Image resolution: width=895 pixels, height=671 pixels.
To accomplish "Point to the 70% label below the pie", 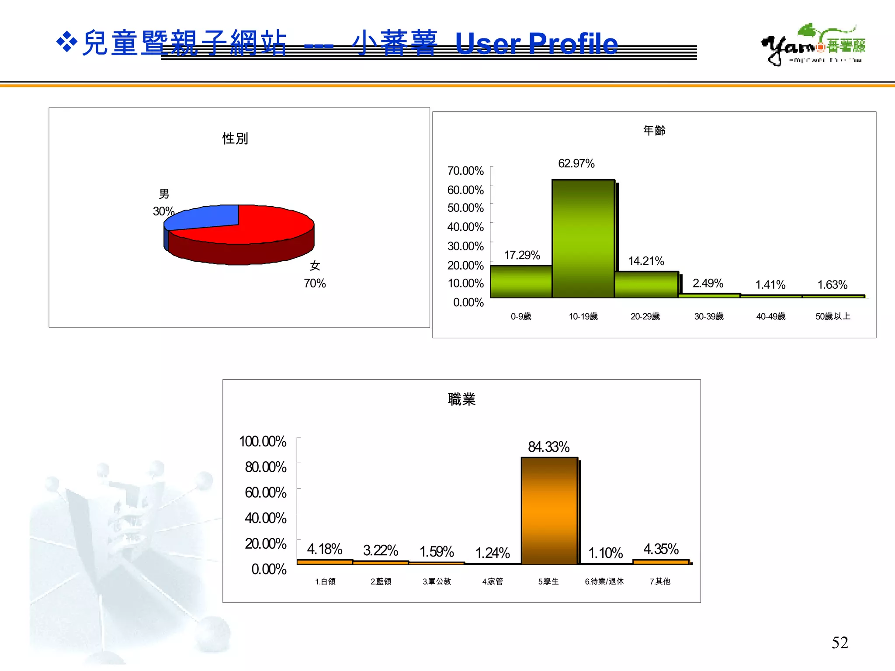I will pyautogui.click(x=315, y=284).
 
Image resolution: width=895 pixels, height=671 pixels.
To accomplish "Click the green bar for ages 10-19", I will pyautogui.click(x=583, y=239).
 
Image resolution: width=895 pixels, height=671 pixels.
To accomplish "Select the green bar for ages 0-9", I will pyautogui.click(x=521, y=281).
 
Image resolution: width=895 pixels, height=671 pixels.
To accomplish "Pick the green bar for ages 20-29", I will pyautogui.click(x=646, y=284).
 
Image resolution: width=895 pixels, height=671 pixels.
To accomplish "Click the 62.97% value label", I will pyautogui.click(x=576, y=164).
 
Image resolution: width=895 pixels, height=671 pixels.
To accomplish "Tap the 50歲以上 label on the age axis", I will pyautogui.click(x=833, y=316).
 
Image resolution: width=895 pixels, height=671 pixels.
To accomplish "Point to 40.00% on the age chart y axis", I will pyautogui.click(x=465, y=227).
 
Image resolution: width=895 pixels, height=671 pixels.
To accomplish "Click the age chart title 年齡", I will pyautogui.click(x=654, y=130).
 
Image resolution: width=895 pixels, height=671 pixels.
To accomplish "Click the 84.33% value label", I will pyautogui.click(x=548, y=447).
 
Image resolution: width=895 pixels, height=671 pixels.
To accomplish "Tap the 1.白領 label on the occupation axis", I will pyautogui.click(x=325, y=581).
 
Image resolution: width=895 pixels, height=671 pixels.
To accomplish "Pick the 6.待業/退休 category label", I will pyautogui.click(x=604, y=581).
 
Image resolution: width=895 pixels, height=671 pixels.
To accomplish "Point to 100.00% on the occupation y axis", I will pyautogui.click(x=263, y=442).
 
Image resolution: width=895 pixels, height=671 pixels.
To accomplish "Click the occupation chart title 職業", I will pyautogui.click(x=461, y=399).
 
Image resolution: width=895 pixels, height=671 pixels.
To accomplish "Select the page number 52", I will pyautogui.click(x=839, y=643).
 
